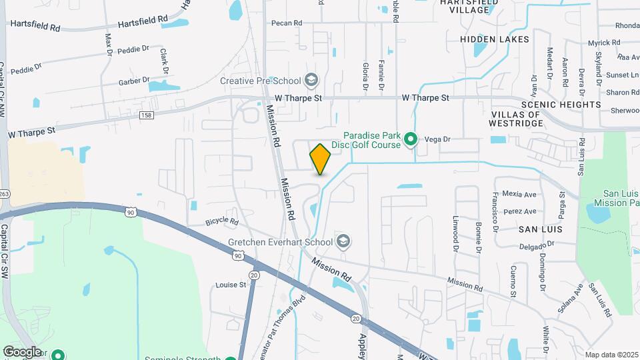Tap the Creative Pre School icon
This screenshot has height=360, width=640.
tap(311, 81)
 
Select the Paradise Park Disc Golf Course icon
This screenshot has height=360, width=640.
tap(411, 140)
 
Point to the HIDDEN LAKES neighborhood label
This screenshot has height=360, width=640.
tap(495, 39)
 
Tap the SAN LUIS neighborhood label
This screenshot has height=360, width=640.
tap(541, 229)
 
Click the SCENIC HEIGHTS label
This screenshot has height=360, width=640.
tap(561, 105)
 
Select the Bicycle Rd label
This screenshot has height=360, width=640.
tap(222, 221)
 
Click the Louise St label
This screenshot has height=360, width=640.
tap(231, 285)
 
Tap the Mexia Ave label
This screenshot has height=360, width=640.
tap(521, 195)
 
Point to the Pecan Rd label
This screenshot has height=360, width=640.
tap(287, 23)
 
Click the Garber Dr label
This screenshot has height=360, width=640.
tap(134, 81)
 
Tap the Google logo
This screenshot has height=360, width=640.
tap(22, 351)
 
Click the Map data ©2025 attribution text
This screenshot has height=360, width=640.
tap(611, 355)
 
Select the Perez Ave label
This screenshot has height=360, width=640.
tap(520, 211)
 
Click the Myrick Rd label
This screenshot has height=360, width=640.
tap(604, 43)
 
